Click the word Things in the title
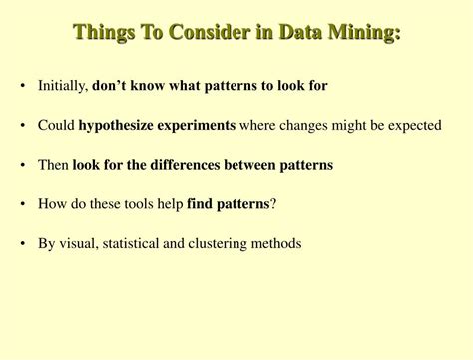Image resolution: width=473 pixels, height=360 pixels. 102,32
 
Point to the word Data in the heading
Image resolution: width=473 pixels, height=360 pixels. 304,32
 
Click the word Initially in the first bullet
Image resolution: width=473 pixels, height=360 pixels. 62,86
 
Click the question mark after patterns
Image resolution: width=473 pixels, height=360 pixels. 273,203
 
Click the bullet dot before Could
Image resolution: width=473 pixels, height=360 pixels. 22,126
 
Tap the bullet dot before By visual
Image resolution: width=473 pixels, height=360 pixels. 22,243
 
